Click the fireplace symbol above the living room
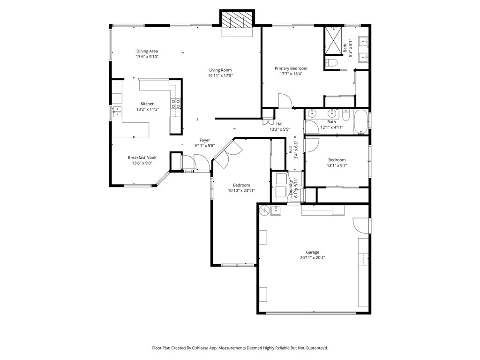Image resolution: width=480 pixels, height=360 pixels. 237,21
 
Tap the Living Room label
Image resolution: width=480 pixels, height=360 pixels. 220,70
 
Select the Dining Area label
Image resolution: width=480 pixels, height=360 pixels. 147,51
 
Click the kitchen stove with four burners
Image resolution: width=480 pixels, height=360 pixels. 176,104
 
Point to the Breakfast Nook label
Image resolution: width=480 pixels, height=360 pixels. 142,157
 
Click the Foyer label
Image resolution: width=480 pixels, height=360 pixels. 205,140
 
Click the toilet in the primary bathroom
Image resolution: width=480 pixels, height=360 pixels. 331,63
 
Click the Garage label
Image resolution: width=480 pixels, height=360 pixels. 313,252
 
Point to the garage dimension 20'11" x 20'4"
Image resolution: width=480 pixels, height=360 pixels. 313,258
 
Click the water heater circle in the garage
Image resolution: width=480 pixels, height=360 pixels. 264,210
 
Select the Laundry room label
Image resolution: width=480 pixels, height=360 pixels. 291,187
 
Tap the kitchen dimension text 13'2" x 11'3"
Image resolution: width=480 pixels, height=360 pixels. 148,109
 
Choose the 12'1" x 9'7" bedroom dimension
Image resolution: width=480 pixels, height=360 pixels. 337,165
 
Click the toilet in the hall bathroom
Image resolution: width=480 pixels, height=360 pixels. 346,115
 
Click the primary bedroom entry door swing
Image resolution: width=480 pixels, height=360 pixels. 285,100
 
